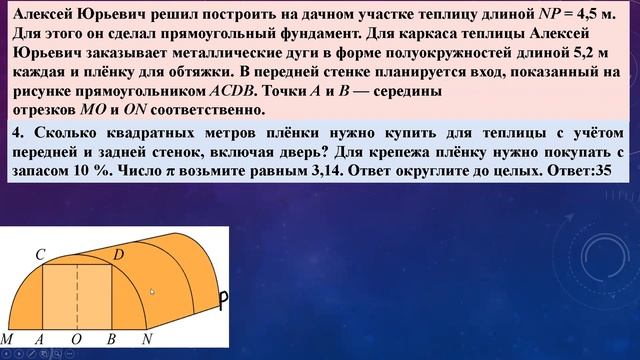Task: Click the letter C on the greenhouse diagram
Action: coord(40,254)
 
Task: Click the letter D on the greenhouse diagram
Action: coord(118,254)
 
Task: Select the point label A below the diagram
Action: coord(40,339)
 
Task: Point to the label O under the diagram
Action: coord(77,339)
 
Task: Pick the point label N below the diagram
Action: coord(147,339)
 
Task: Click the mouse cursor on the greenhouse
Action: coord(152,292)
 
